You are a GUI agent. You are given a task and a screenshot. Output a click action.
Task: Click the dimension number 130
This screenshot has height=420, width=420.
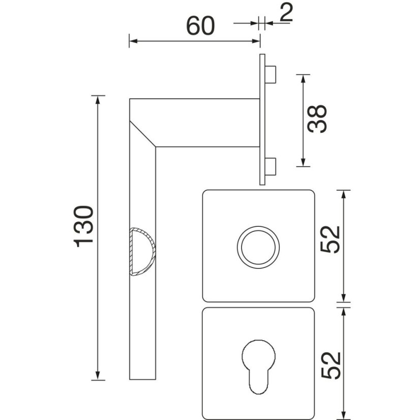click(83, 226)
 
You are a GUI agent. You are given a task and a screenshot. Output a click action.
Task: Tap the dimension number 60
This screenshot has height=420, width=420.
click(200, 26)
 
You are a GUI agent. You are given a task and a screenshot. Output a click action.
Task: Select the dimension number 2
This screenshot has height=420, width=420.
click(286, 13)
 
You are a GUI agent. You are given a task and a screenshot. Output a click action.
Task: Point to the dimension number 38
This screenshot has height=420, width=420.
click(317, 118)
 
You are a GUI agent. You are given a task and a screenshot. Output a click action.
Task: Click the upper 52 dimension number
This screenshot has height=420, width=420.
click(331, 239)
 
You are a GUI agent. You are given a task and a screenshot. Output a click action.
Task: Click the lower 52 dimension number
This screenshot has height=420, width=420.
click(331, 366)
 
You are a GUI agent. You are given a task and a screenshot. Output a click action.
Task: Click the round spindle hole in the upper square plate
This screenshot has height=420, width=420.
click(258, 247)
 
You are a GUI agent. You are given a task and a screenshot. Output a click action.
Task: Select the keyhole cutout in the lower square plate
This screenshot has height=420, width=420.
click(258, 367)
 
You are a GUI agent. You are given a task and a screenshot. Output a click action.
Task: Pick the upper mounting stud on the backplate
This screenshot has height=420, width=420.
click(271, 74)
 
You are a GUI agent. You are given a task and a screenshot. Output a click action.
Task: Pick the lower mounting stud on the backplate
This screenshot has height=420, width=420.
click(271, 167)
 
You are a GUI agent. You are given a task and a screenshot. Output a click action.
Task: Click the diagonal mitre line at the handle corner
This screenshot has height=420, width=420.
click(142, 134)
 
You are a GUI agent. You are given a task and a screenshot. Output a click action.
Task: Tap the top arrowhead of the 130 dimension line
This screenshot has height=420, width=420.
click(98, 100)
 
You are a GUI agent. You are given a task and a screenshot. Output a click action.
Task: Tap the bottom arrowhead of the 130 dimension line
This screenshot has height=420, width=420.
click(98, 376)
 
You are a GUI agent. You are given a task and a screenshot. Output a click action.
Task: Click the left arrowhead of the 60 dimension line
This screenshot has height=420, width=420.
click(133, 41)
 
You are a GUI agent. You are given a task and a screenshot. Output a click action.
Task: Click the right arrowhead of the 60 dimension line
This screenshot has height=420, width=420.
click(256, 41)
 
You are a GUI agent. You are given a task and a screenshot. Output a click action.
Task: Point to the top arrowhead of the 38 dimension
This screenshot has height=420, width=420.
click(303, 79)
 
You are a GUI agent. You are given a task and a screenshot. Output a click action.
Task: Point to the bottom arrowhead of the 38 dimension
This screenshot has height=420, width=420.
click(303, 162)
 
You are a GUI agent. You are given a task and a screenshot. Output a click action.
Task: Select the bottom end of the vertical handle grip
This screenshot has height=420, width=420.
click(142, 379)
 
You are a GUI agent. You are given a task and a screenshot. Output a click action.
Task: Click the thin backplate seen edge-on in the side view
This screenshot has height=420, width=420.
click(262, 119)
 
